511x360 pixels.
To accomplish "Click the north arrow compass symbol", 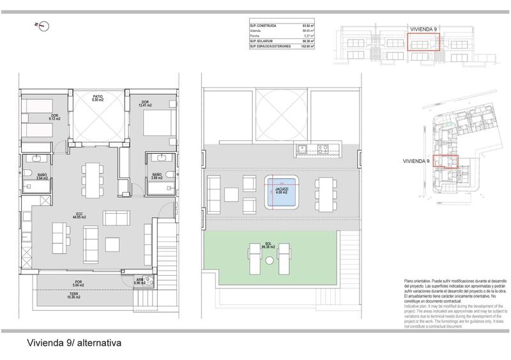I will click(x=44, y=25).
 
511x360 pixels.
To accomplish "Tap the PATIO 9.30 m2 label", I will click(x=97, y=98).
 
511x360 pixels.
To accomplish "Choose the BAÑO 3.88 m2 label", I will click(x=157, y=178).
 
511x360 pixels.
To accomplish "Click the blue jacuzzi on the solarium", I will click(x=280, y=194).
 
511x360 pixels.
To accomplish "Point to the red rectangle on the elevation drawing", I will click(x=423, y=42).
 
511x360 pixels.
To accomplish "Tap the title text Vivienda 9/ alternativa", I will click(x=71, y=343).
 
